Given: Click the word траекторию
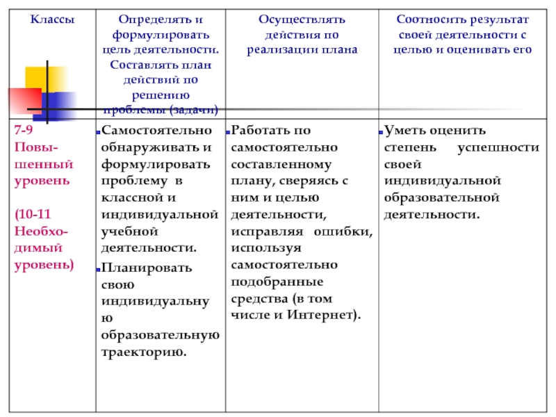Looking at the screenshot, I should (x=143, y=352).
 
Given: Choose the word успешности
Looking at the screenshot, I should (x=498, y=148).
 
